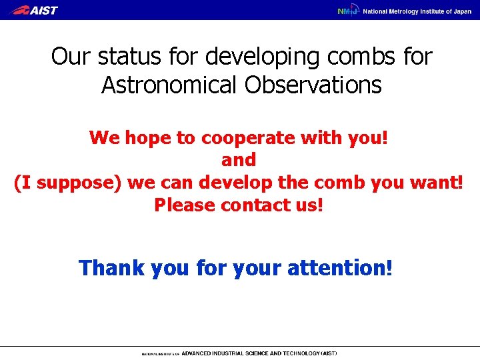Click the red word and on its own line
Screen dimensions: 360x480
pyautogui.click(x=239, y=160)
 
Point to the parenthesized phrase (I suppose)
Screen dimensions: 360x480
pyautogui.click(x=67, y=183)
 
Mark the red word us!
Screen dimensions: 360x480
pyautogui.click(x=309, y=205)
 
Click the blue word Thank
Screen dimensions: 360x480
pyautogui.click(x=111, y=268)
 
